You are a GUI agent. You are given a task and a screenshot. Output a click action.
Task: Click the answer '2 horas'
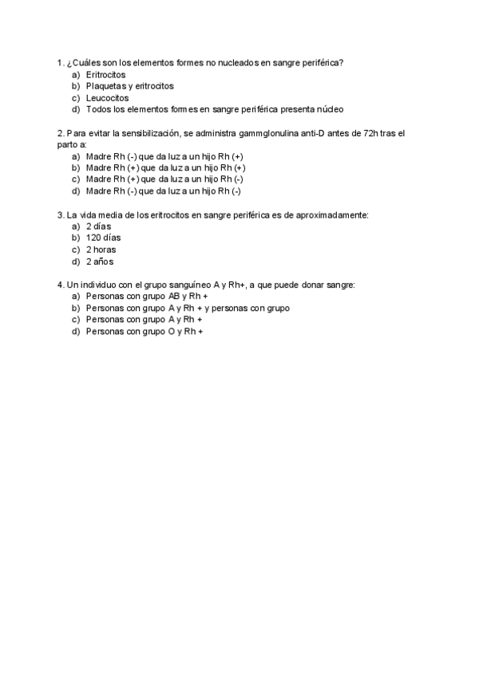(x=101, y=250)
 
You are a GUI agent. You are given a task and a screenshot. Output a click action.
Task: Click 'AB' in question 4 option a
(x=175, y=297)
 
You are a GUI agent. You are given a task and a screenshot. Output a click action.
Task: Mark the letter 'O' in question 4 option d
(x=171, y=331)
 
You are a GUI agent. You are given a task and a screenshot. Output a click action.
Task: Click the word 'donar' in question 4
(x=306, y=285)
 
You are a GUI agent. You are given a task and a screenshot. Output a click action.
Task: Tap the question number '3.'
(x=61, y=214)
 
